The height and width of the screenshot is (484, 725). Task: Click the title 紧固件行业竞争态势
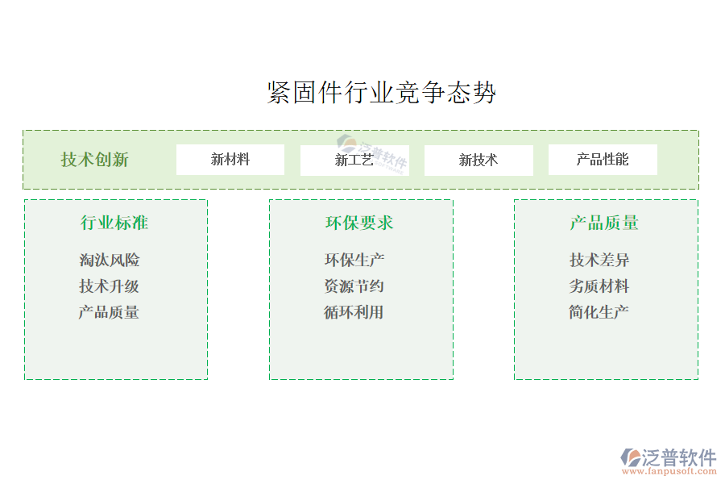click(381, 93)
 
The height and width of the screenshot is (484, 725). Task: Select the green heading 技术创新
click(94, 160)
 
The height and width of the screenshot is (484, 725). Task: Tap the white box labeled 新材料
click(230, 160)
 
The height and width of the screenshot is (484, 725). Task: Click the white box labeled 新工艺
click(354, 160)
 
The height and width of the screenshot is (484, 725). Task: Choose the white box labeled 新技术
click(478, 160)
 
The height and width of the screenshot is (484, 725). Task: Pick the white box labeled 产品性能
click(603, 160)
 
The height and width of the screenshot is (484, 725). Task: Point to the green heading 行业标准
click(114, 223)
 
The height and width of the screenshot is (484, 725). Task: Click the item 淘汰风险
click(110, 260)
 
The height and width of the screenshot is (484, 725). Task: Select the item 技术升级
click(110, 286)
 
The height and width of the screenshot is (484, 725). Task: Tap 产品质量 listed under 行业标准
click(110, 312)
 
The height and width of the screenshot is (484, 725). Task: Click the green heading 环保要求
click(359, 223)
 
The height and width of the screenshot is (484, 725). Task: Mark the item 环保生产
click(354, 260)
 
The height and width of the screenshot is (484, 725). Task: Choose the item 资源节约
click(354, 286)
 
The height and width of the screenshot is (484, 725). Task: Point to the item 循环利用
click(354, 312)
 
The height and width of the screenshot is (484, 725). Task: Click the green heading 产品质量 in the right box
click(604, 223)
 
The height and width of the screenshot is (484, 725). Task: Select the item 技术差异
click(599, 260)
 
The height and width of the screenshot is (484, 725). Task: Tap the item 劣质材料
click(599, 286)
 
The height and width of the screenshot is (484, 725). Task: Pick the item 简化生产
click(599, 312)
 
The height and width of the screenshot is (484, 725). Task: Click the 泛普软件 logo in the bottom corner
click(669, 457)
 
